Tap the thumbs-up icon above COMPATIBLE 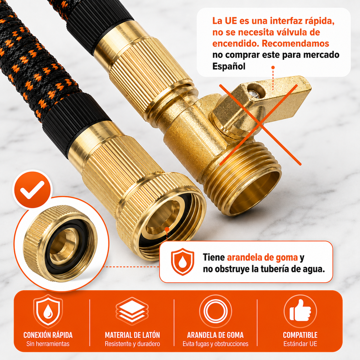300,311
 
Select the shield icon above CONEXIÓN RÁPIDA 48,311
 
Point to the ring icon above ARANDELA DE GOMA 216,311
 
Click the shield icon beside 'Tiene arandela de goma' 182,262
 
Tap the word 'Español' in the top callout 229,66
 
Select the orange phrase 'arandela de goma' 262,257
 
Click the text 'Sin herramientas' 48,343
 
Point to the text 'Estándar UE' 300,343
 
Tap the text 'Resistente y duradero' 132,343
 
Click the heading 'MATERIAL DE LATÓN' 132,335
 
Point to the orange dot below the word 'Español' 273,67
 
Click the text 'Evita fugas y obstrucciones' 215,343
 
